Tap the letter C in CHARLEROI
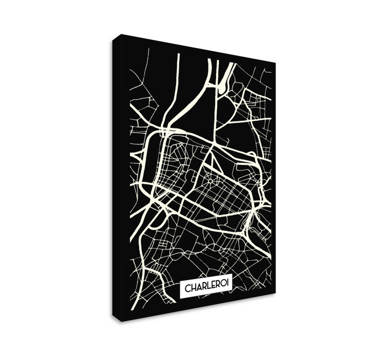(x=187, y=289)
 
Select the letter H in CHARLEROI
(x=193, y=289)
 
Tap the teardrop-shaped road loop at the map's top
(x=224, y=86)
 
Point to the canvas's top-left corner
(x=119, y=35)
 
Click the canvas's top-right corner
(x=275, y=63)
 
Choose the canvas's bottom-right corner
(x=275, y=293)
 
